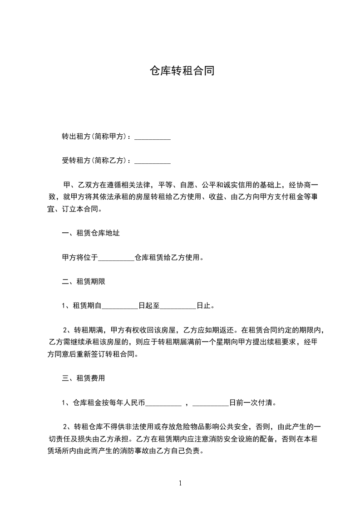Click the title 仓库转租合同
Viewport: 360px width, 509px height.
tap(180, 71)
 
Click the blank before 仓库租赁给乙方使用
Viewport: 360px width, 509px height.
tap(116, 258)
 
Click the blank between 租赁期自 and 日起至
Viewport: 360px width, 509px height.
tap(119, 306)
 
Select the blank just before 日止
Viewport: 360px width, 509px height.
tap(178, 306)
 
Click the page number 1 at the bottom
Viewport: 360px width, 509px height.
tap(180, 483)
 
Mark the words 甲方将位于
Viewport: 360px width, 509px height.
tap(79, 258)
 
